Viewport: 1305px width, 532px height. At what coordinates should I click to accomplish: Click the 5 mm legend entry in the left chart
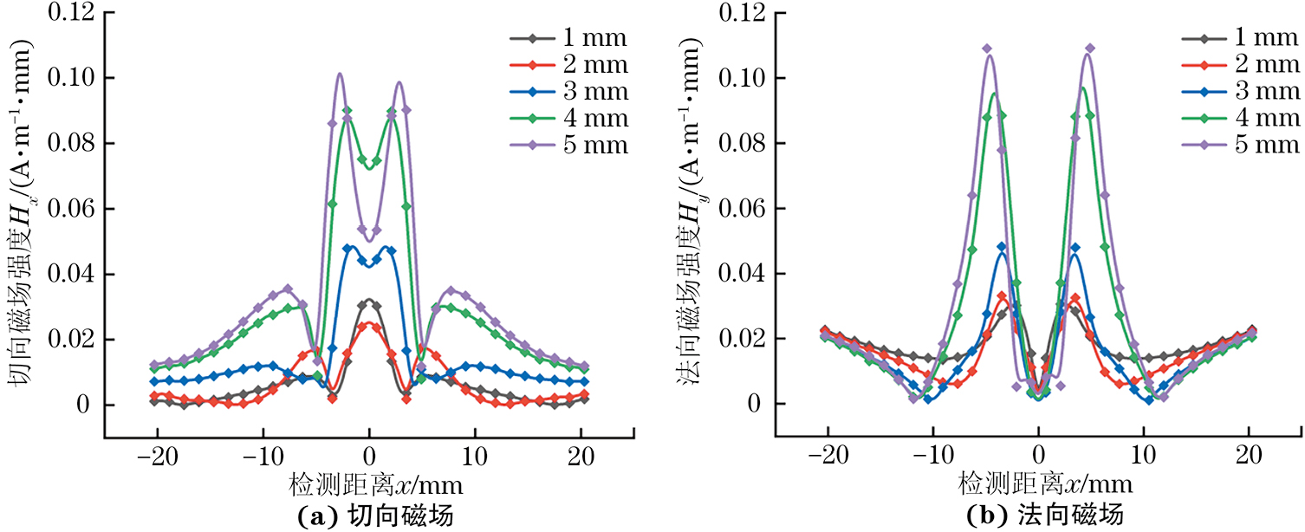568,144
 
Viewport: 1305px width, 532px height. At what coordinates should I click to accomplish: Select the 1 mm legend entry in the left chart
568,39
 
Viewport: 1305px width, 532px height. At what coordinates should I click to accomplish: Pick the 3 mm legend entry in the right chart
1239,91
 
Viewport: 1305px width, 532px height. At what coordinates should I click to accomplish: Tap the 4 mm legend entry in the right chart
1239,118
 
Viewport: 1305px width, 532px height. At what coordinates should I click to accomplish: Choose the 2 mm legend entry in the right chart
1239,65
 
